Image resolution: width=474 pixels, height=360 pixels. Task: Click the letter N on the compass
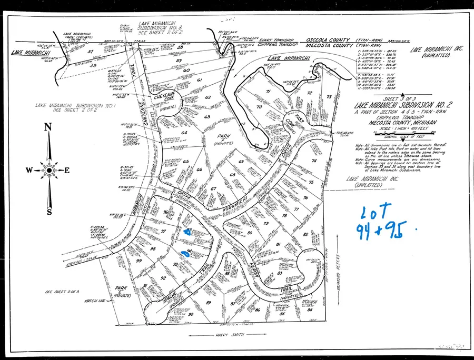coord(48,126)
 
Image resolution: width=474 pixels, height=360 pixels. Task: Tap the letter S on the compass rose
coord(50,212)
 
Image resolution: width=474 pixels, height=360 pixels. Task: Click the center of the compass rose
coord(49,169)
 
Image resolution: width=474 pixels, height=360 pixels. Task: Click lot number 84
coord(308,310)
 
